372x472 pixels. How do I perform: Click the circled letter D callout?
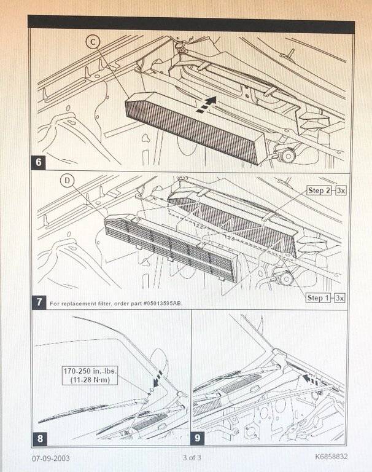tap(67, 182)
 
